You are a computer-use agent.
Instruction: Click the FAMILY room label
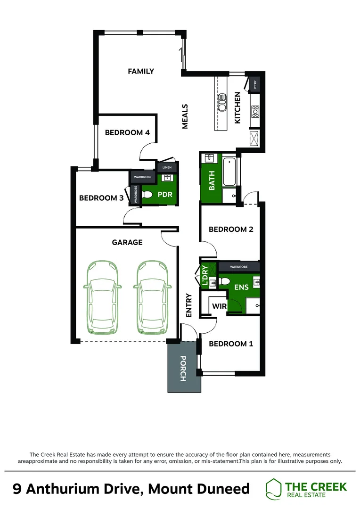[x=141, y=72]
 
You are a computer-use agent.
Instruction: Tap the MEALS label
[x=185, y=116]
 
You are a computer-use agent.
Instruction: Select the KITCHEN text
[x=237, y=108]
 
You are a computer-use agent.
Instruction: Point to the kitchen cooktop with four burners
[x=255, y=111]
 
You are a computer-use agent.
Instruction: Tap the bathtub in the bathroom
[x=230, y=172]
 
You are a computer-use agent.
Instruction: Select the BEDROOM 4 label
[x=127, y=132]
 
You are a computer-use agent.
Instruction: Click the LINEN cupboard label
[x=167, y=167]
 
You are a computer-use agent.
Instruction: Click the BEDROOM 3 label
[x=101, y=198]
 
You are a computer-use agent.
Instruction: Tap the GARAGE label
[x=127, y=242]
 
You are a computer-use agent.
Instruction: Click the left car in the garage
[x=102, y=297]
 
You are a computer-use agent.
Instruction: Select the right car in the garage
[x=153, y=297]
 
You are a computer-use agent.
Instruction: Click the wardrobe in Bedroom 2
[x=239, y=267]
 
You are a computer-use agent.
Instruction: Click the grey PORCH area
[x=184, y=368]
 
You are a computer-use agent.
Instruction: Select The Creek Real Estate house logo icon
[x=274, y=488]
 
